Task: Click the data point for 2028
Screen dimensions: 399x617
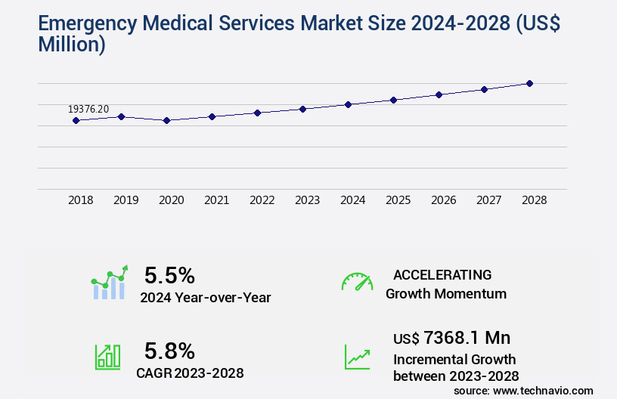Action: [529, 83]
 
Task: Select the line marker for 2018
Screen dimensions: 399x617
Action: [76, 120]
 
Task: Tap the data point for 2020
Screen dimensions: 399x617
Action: [166, 120]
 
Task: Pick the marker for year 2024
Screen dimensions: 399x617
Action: [348, 104]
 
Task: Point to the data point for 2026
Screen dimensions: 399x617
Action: [439, 94]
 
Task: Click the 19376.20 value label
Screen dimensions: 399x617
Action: [88, 110]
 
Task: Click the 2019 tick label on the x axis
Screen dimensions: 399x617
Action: [126, 200]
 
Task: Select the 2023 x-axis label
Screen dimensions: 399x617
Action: [307, 200]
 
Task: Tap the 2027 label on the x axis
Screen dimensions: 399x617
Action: [488, 200]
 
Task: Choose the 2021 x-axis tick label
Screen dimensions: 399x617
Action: [216, 200]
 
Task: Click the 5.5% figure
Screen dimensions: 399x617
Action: [169, 274]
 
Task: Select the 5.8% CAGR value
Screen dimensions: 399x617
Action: [169, 351]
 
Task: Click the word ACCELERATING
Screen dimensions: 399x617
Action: [442, 274]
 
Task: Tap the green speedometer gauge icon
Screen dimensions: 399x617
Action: [357, 282]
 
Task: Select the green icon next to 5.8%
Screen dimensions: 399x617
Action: [107, 357]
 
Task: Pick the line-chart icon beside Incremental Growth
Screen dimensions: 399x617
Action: [357, 357]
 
